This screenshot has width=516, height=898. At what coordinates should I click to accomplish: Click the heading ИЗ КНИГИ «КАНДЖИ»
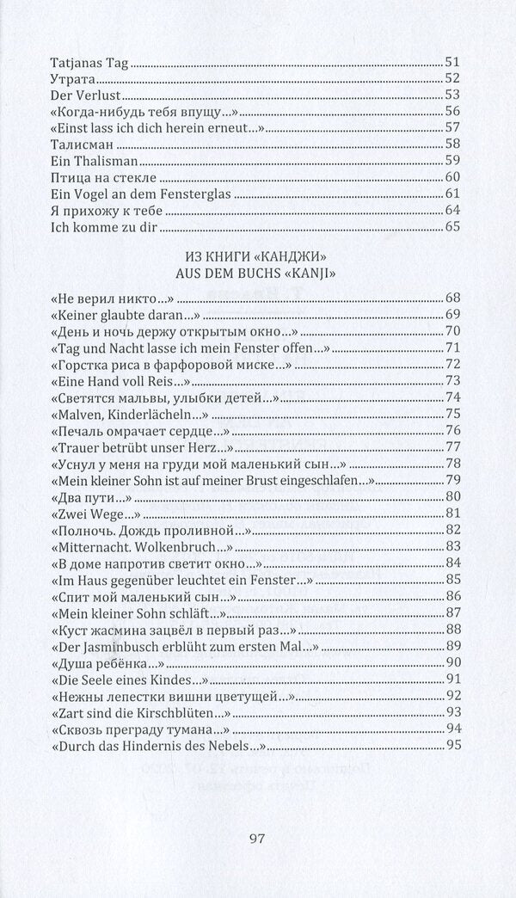(257, 258)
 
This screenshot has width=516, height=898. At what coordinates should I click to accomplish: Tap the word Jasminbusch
(112, 645)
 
